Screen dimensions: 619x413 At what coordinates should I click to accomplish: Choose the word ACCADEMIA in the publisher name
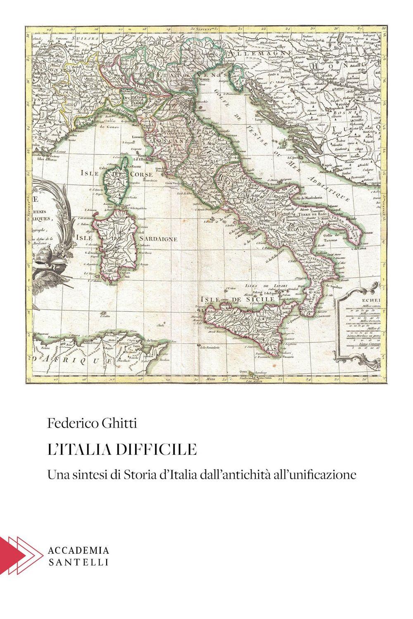(78, 550)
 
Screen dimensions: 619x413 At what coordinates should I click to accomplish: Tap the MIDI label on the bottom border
(211, 377)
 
